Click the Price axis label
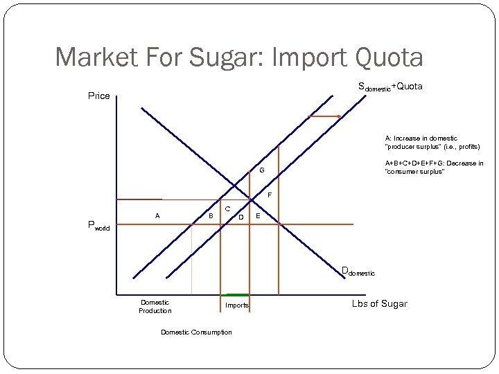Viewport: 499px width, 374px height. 98,96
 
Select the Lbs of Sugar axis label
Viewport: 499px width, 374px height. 379,303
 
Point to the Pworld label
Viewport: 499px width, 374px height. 98,225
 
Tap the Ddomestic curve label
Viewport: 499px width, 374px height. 358,271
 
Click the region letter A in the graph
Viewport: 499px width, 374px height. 157,216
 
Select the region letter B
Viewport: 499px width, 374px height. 211,216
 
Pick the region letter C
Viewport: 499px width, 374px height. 227,208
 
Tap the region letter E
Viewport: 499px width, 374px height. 258,216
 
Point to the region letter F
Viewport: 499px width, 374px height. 270,195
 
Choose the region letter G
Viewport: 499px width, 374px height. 262,170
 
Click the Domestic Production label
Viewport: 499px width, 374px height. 155,306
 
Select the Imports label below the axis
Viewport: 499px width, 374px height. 237,305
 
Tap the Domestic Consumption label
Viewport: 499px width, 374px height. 196,332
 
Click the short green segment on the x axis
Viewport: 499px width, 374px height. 236,295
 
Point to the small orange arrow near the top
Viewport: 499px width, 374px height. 324,116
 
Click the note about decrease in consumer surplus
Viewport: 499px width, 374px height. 434,168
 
